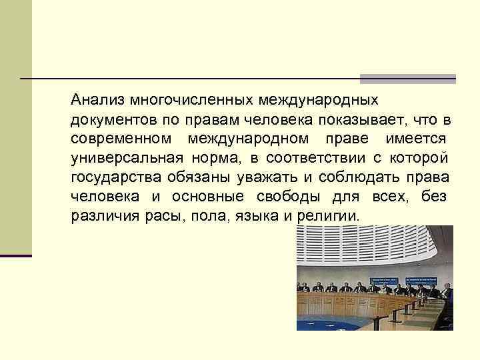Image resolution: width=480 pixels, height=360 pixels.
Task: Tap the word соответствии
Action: pos(316,159)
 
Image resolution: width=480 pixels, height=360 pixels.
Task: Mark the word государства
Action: pos(114,178)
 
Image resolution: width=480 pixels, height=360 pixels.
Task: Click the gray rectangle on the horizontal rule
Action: pos(407,79)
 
